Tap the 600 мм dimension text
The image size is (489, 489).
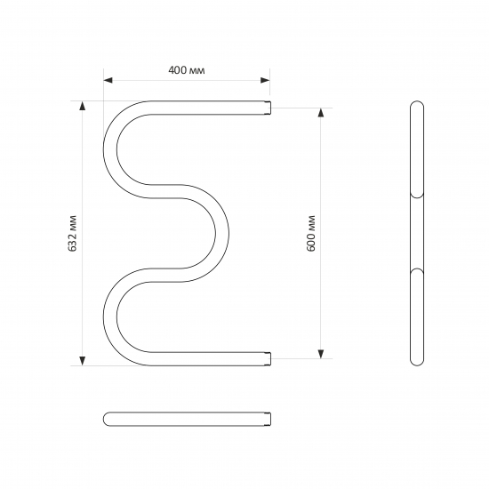point(311,234)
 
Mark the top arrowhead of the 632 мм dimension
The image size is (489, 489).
point(83,106)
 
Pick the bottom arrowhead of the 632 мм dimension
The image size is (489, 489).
point(83,360)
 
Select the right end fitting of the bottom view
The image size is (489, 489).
point(269,417)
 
